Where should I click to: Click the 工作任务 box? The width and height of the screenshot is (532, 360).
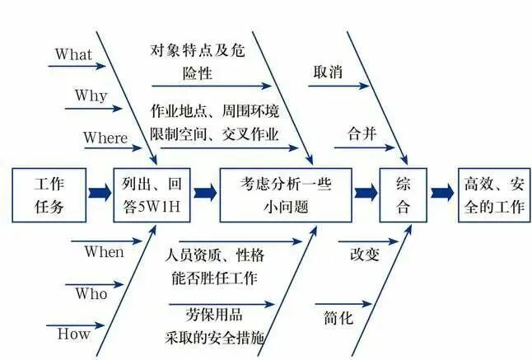point(49,194)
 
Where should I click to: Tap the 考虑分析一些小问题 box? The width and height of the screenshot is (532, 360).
point(285,194)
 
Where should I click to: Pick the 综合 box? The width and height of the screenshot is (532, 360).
point(404,194)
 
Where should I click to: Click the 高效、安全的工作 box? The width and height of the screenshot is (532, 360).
point(493,194)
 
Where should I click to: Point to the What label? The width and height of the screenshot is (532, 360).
point(73,54)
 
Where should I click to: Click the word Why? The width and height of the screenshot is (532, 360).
point(91,96)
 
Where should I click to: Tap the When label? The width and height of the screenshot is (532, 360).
point(104,252)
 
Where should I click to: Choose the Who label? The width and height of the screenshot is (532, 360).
point(91,293)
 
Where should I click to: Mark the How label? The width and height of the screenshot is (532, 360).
point(73,334)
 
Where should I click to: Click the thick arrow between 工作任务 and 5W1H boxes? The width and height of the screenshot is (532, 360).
point(99,194)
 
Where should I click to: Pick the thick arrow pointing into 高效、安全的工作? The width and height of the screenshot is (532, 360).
point(442,194)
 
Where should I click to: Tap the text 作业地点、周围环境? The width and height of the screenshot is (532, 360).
point(214,110)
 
